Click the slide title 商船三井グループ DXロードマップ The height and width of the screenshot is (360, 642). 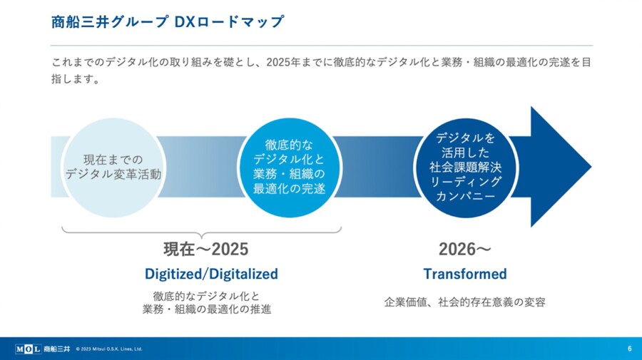point(168,21)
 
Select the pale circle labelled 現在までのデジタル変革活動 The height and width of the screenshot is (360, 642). point(113,168)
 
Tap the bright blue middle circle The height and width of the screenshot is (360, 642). point(289,168)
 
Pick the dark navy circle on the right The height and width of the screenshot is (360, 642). point(466,168)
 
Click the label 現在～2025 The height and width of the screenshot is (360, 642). point(206,249)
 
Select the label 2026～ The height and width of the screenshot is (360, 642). point(464,249)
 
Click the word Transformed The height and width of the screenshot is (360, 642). point(465,274)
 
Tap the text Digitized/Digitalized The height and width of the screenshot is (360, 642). point(211,274)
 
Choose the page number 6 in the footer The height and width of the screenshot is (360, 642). point(630,349)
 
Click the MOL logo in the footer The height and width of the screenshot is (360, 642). point(28,349)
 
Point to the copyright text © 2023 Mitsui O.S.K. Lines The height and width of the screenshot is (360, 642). point(109,349)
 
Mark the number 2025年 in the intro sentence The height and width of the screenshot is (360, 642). point(283,62)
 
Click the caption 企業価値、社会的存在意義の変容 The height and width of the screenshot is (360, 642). point(464,302)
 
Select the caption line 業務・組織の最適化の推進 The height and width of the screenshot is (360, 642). point(207,309)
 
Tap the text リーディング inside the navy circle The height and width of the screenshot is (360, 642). point(466,182)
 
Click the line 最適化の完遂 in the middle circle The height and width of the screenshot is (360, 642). point(289,189)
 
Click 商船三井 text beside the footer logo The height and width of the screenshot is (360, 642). point(56,349)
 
